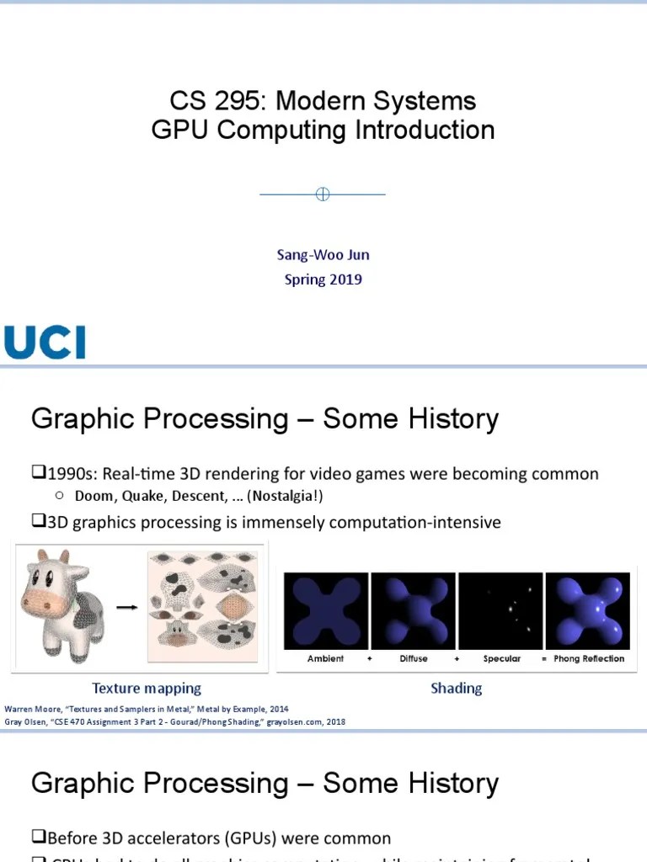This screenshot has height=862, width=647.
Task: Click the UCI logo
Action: pyautogui.click(x=45, y=342)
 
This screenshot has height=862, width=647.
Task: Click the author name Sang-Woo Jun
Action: pyautogui.click(x=323, y=254)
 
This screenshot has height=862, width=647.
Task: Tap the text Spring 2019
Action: pyautogui.click(x=323, y=279)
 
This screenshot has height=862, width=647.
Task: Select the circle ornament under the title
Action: pyautogui.click(x=322, y=194)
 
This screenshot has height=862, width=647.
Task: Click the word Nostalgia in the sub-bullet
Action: pyautogui.click(x=284, y=496)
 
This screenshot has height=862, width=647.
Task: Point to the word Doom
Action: pyautogui.click(x=93, y=496)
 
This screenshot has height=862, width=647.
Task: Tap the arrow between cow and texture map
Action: pyautogui.click(x=126, y=607)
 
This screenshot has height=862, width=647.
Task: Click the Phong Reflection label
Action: pyautogui.click(x=589, y=658)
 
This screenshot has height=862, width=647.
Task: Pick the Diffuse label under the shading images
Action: pyautogui.click(x=413, y=658)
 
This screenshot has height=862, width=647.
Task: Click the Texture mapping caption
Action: pyautogui.click(x=147, y=689)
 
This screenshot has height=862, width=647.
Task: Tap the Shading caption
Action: pyautogui.click(x=456, y=689)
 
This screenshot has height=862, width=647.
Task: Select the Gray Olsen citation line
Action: pyautogui.click(x=175, y=721)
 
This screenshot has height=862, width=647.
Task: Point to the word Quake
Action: pyautogui.click(x=147, y=496)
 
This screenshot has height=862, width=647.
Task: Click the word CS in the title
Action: pyautogui.click(x=187, y=102)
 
